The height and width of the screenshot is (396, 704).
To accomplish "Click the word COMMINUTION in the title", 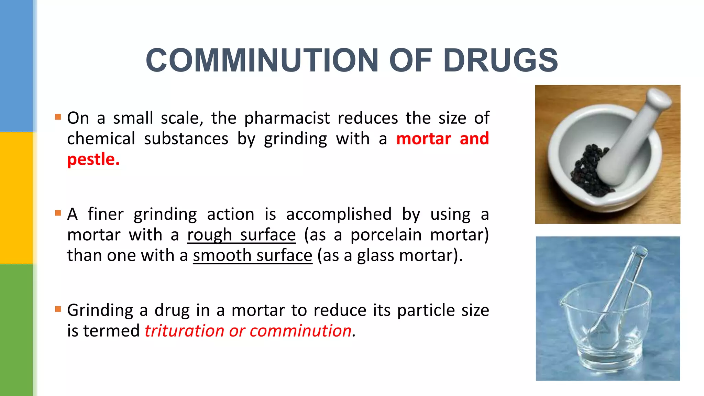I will (x=262, y=60).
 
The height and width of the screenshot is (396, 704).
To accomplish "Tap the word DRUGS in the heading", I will (x=500, y=60).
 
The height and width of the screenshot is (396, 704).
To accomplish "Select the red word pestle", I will (x=93, y=159).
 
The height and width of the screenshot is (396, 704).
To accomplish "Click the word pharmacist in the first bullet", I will (x=287, y=118).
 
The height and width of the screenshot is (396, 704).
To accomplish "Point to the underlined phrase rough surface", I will (x=241, y=235).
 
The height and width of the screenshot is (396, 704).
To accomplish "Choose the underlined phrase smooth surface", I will (x=252, y=256).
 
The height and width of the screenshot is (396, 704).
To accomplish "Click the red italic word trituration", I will (x=184, y=331).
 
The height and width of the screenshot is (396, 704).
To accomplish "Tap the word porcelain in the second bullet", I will (x=386, y=235).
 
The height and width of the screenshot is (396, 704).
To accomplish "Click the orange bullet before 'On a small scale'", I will (x=58, y=117).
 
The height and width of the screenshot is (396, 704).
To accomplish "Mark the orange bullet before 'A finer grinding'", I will (x=58, y=213).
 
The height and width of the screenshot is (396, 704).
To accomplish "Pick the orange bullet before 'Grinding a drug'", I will (x=58, y=309).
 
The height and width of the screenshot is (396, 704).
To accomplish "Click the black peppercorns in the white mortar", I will (x=588, y=172).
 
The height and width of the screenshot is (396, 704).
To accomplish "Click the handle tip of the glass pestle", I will (x=640, y=250).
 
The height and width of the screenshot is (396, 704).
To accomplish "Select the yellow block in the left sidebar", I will (x=16, y=198).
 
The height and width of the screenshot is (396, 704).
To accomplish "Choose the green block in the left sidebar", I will (x=16, y=330).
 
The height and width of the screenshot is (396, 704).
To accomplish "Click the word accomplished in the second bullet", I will (x=339, y=214).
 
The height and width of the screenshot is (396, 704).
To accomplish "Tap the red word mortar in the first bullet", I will (x=423, y=139).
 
